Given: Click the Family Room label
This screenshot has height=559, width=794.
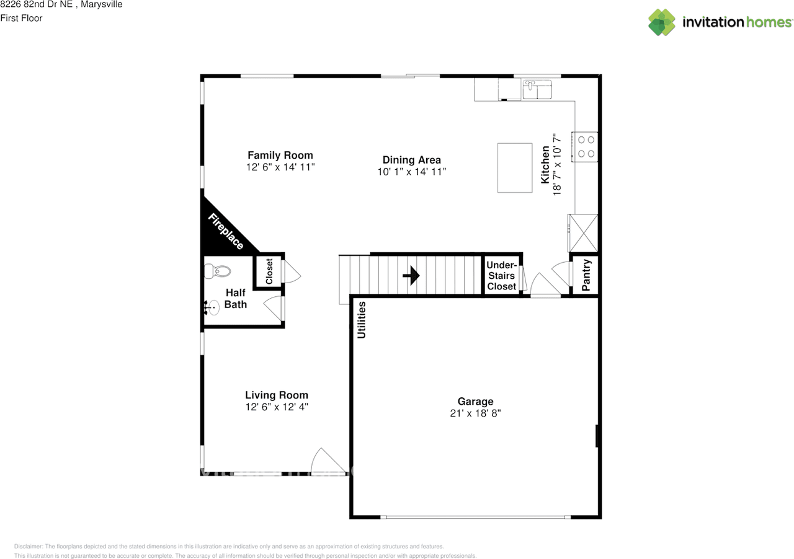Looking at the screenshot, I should pyautogui.click(x=280, y=156).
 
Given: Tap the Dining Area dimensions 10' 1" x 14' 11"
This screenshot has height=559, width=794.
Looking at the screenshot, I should pyautogui.click(x=412, y=172).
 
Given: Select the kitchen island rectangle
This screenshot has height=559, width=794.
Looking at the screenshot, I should pyautogui.click(x=515, y=168).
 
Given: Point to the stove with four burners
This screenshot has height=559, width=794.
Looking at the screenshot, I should pyautogui.click(x=586, y=147).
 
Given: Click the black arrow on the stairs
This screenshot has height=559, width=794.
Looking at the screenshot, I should pyautogui.click(x=411, y=276).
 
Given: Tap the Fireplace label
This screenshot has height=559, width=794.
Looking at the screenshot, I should pyautogui.click(x=225, y=231).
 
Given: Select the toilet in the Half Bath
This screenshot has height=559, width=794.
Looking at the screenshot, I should pyautogui.click(x=217, y=271).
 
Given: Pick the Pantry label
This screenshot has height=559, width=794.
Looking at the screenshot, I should pyautogui.click(x=586, y=275).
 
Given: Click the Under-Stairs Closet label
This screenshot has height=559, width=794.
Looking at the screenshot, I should pyautogui.click(x=501, y=276).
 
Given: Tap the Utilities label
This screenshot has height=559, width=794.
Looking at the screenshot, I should pyautogui.click(x=362, y=320).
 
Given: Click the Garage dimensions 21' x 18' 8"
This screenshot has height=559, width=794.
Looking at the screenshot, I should pyautogui.click(x=475, y=413).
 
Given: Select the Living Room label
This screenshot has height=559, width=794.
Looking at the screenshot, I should pyautogui.click(x=277, y=395).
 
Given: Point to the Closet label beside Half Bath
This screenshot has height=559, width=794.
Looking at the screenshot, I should pyautogui.click(x=269, y=271).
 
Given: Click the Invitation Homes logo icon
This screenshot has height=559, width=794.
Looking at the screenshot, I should pyautogui.click(x=662, y=22).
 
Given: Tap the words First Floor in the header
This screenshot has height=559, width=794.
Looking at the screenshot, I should pyautogui.click(x=21, y=18).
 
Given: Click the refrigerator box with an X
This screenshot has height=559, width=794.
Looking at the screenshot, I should pyautogui.click(x=584, y=232).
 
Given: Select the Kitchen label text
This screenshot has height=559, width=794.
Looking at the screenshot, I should pyautogui.click(x=545, y=165).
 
